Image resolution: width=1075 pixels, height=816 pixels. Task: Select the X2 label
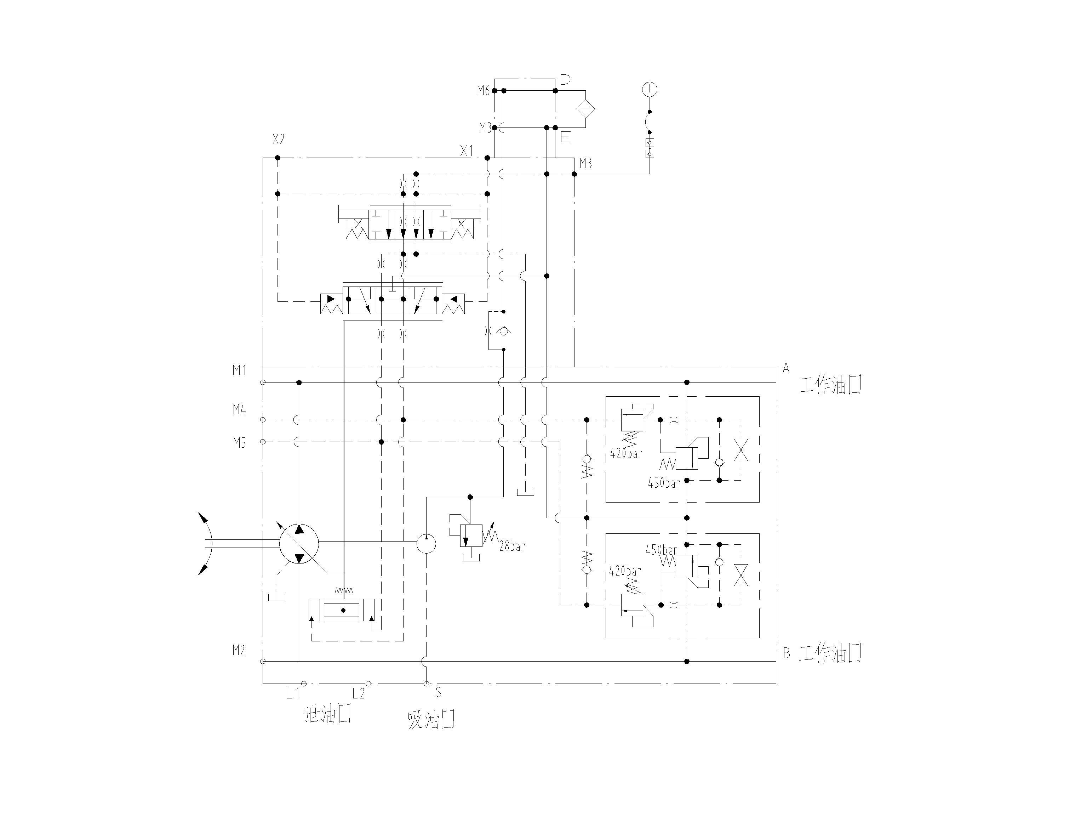tap(278, 140)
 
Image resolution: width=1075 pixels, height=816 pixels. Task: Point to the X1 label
tap(467, 151)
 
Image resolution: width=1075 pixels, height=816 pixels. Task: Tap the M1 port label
tap(239, 370)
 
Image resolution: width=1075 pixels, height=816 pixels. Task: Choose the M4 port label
tap(239, 409)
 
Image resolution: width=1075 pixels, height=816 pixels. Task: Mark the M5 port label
tap(239, 443)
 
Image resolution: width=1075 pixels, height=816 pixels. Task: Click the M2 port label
tap(239, 650)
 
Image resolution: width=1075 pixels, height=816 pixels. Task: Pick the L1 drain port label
tap(293, 694)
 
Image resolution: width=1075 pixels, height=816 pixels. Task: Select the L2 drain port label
tap(359, 694)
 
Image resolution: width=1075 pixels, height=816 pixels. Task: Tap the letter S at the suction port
tap(438, 692)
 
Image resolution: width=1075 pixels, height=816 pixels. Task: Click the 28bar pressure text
tap(512, 546)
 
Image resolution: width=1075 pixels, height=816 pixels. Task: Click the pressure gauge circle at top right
tap(650, 89)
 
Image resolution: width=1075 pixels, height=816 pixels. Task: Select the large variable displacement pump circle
tap(299, 544)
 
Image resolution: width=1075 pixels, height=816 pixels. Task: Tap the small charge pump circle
tap(426, 544)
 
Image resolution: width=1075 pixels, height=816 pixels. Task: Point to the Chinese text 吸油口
tap(431, 720)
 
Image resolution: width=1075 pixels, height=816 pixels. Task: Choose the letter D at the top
tap(565, 80)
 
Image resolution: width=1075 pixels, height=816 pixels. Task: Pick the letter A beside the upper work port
tap(786, 369)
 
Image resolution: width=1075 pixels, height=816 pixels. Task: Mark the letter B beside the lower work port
tap(786, 653)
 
